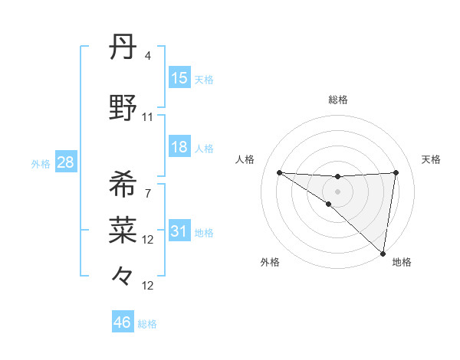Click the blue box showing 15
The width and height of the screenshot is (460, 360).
click(179, 78)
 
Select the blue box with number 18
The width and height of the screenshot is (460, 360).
click(179, 147)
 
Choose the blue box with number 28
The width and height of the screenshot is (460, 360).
click(65, 162)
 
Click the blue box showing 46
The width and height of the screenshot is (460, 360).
click(123, 323)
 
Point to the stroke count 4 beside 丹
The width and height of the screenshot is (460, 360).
click(148, 56)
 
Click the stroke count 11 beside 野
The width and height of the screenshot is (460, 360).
click(148, 117)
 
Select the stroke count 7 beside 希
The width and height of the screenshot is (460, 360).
click(148, 193)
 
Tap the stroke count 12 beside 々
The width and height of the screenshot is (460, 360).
click(148, 286)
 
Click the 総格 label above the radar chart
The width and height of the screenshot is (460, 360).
click(338, 100)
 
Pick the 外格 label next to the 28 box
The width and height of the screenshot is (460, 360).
click(41, 163)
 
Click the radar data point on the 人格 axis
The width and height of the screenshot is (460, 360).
click(279, 172)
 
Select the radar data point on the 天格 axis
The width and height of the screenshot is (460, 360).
click(396, 172)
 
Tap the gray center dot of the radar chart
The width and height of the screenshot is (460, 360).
click(338, 191)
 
